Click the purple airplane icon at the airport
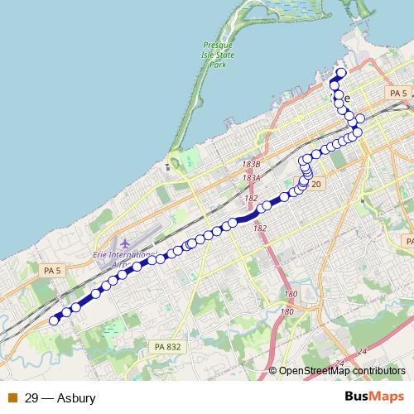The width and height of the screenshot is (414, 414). (x=125, y=243)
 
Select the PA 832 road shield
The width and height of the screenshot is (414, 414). (x=166, y=345)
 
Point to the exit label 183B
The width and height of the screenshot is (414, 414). (x=252, y=166)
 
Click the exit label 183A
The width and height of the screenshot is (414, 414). (x=252, y=178)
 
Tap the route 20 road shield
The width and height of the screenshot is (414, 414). (x=316, y=183)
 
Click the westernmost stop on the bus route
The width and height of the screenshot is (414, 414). (x=55, y=320)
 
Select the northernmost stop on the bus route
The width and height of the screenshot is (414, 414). (x=340, y=73)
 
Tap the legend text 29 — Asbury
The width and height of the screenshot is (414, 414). (x=60, y=398)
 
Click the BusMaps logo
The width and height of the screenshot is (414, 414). (x=374, y=397)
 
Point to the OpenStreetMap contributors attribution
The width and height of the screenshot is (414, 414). (x=342, y=372)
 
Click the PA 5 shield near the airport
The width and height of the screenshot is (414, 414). (x=52, y=271)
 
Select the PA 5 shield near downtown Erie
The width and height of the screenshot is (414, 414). (x=397, y=94)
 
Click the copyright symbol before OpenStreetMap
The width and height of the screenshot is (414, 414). (x=273, y=372)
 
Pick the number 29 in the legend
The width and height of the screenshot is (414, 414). (x=31, y=398)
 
